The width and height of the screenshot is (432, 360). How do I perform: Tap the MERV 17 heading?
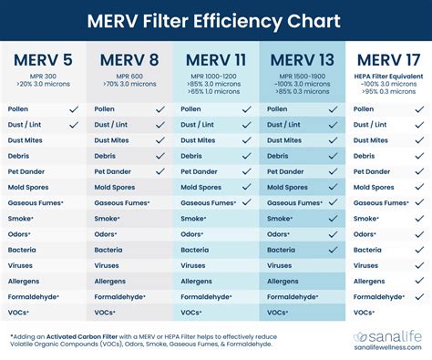pos(392,60)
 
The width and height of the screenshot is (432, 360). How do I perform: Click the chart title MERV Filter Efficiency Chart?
pos(215,19)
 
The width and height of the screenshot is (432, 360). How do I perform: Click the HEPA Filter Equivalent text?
pos(392,75)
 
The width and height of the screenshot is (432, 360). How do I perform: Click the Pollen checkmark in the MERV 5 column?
pos(75,108)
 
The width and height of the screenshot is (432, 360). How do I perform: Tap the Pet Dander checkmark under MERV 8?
pos(160,171)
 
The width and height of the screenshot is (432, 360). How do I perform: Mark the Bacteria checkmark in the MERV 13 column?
pos(334,250)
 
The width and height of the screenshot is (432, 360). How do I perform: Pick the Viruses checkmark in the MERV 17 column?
pos(419,266)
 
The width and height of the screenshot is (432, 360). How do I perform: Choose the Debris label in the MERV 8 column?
pos(108,156)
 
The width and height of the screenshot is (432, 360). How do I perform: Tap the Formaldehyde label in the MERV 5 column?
pos(33,297)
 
